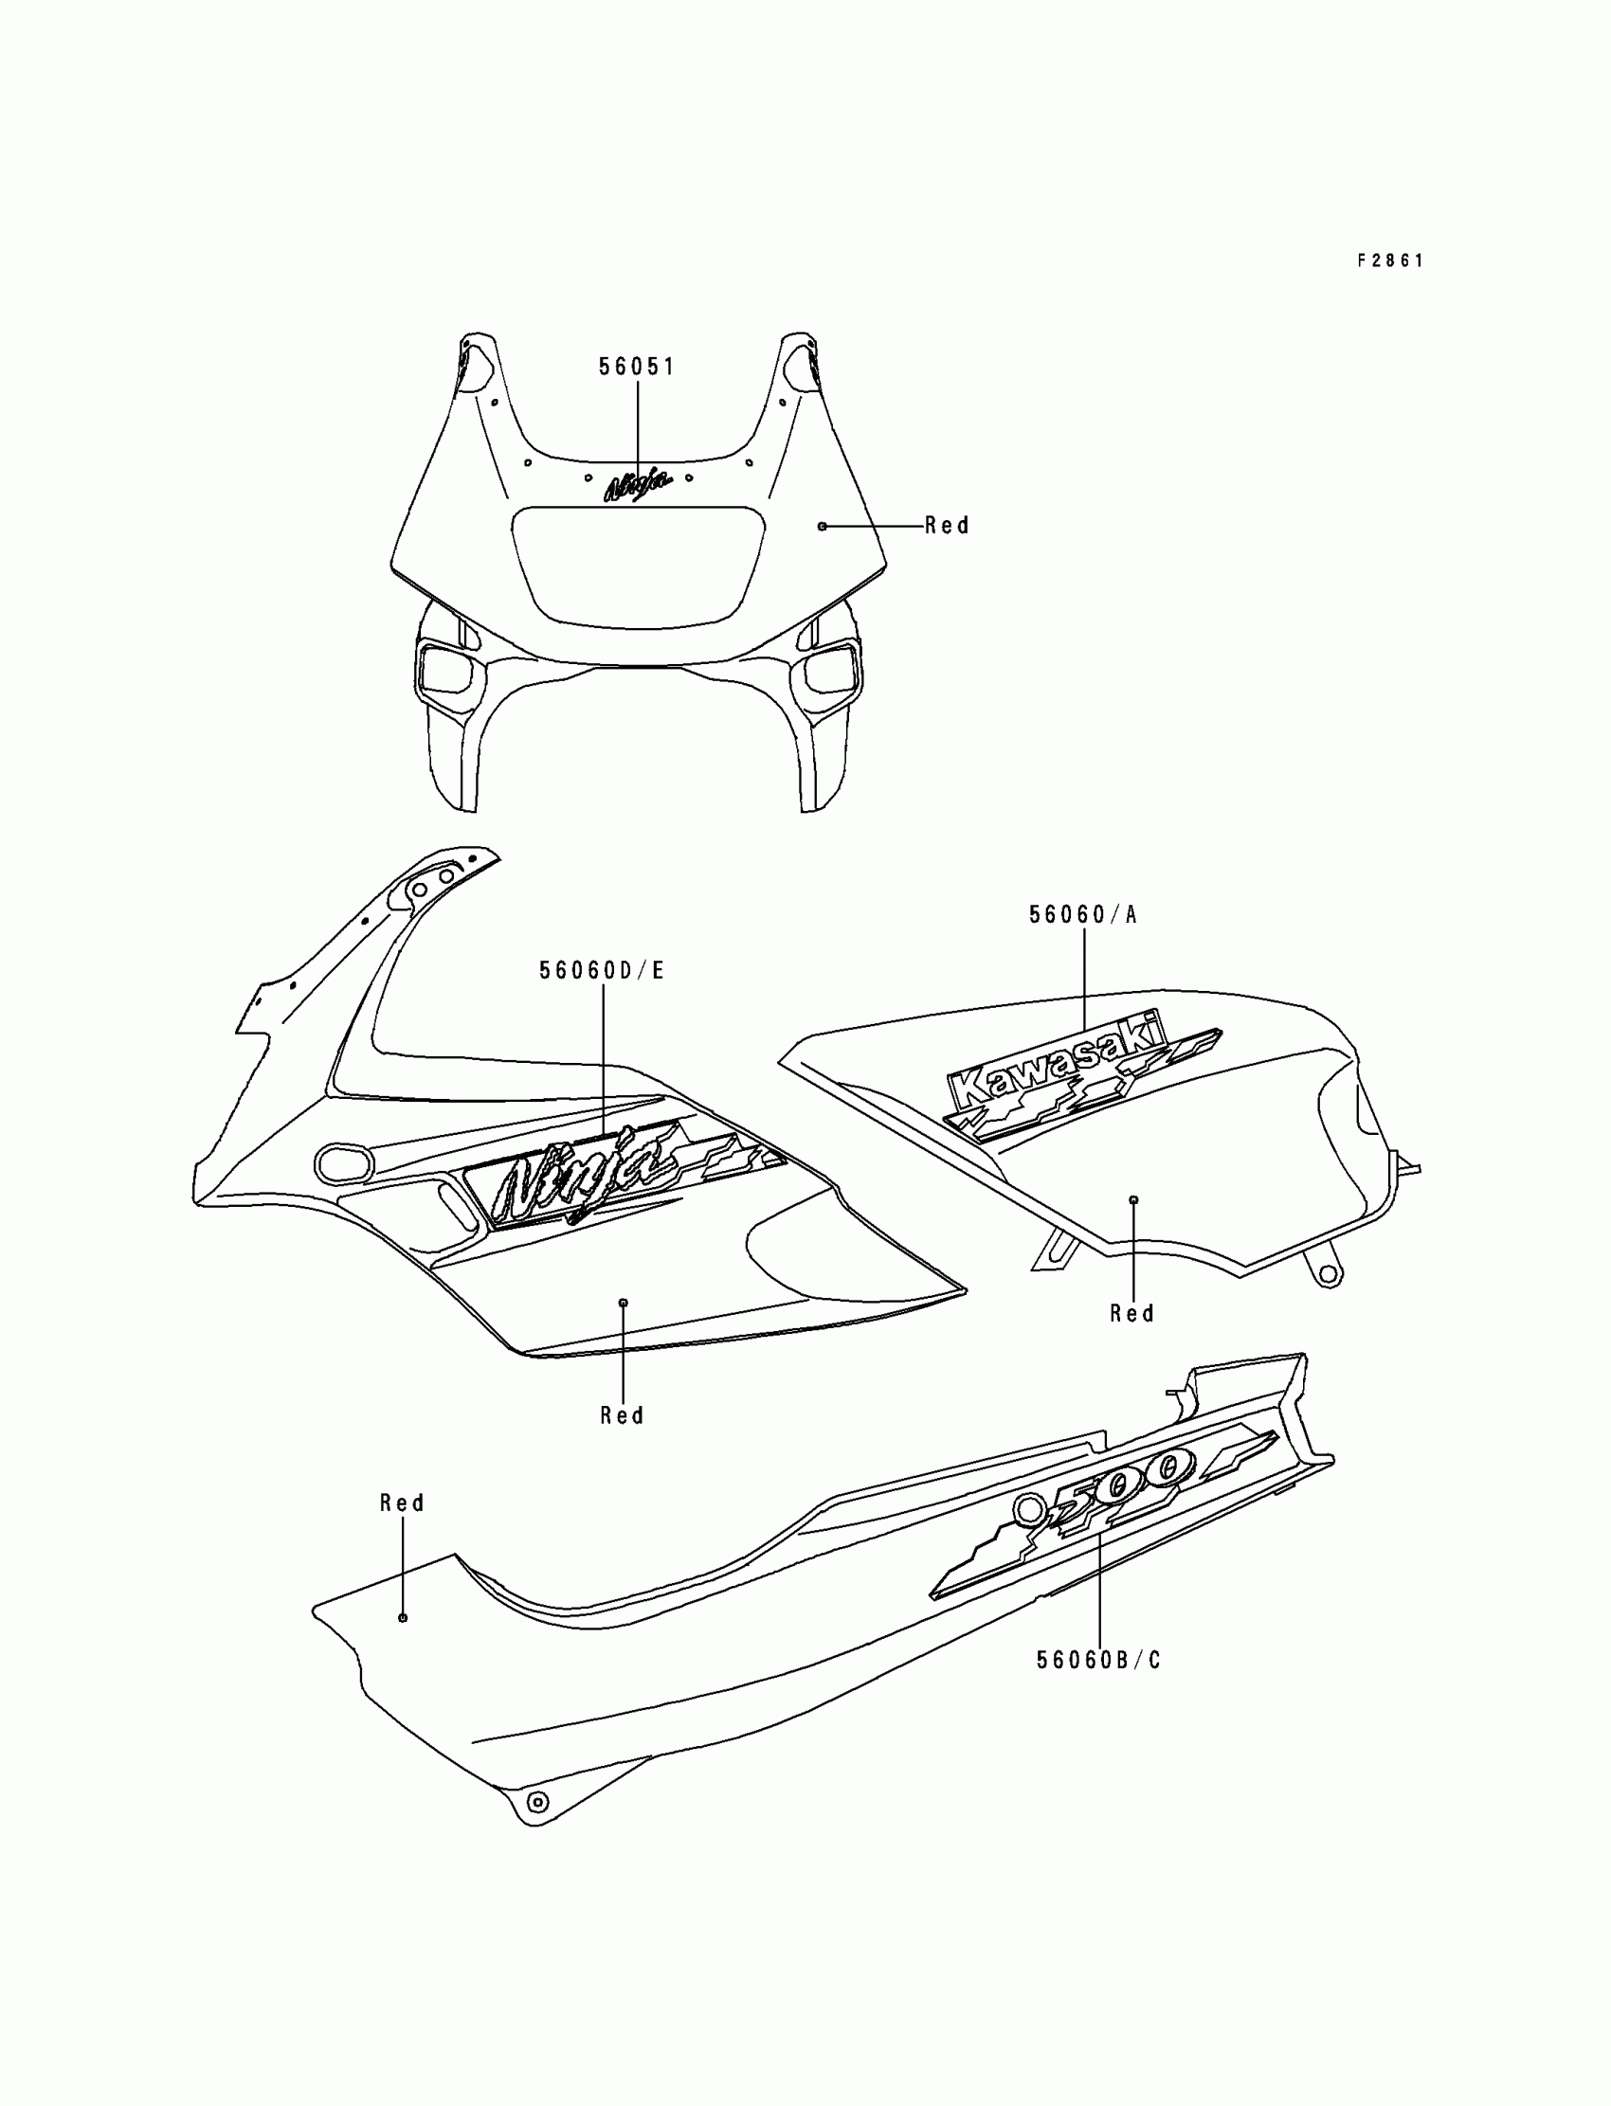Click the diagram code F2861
click(1389, 261)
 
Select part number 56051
click(637, 367)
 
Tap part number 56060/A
click(1082, 914)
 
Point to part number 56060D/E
click(601, 970)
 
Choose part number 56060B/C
click(1099, 1659)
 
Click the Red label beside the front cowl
click(947, 525)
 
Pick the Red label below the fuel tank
click(1131, 1313)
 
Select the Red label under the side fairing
click(623, 1414)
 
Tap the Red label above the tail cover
click(402, 1503)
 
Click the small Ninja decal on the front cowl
click(636, 485)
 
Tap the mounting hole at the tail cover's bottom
click(538, 1802)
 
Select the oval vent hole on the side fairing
click(342, 1163)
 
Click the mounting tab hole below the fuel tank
click(1328, 1273)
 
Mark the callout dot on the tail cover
click(403, 1617)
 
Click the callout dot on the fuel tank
click(1133, 1199)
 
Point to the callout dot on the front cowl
click(822, 526)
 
